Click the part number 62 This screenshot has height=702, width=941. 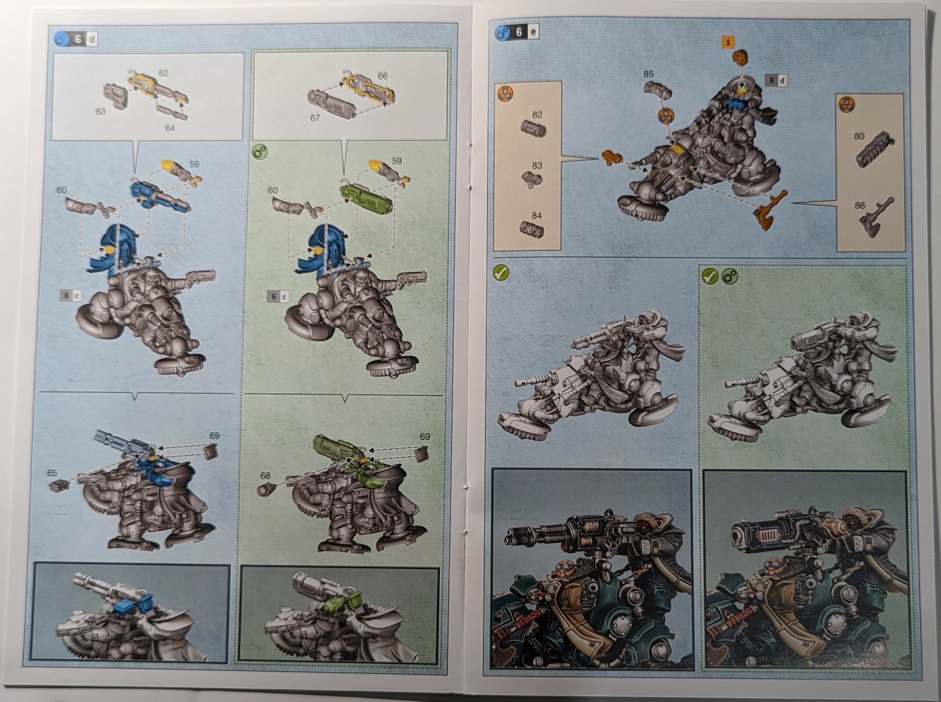click(x=164, y=73)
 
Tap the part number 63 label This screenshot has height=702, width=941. click(x=101, y=112)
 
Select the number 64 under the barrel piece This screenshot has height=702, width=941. click(x=170, y=128)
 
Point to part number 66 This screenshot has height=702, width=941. click(x=383, y=76)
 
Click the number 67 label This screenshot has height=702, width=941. click(x=315, y=118)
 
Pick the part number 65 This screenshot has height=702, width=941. click(x=52, y=473)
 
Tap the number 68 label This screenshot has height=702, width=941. click(x=266, y=476)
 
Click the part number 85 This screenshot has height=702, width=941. click(x=648, y=74)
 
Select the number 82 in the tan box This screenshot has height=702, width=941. click(x=537, y=115)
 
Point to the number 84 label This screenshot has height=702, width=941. click(x=537, y=215)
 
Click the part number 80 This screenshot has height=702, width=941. click(x=859, y=136)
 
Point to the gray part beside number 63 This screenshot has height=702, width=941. click(x=116, y=94)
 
